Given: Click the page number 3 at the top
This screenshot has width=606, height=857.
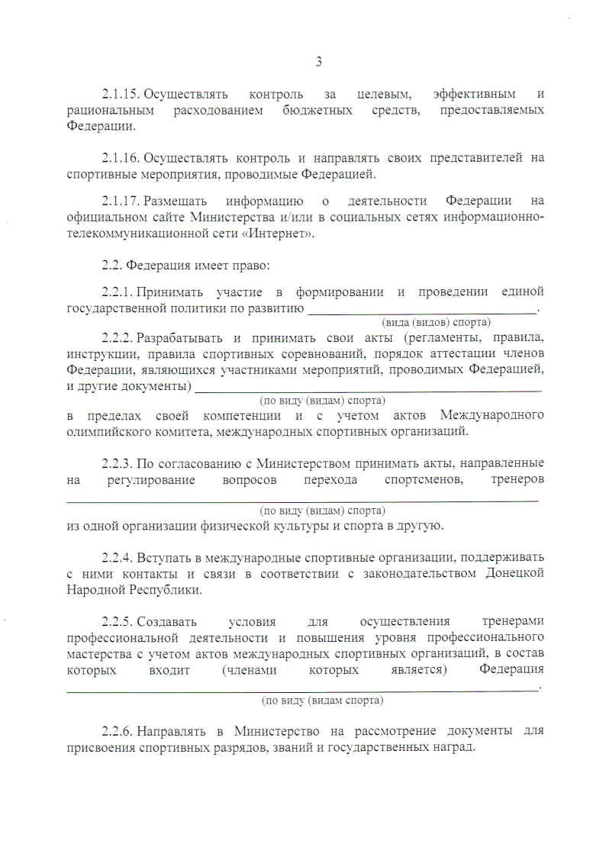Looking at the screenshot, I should tap(319, 62).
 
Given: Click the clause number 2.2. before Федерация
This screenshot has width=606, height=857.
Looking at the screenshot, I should tap(111, 266).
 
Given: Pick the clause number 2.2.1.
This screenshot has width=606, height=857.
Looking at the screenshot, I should tap(118, 292).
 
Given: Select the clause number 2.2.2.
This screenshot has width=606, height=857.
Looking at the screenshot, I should tap(118, 337).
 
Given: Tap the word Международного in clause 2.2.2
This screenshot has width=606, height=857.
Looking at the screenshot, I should tap(492, 415).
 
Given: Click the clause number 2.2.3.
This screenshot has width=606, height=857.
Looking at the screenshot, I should tap(118, 463).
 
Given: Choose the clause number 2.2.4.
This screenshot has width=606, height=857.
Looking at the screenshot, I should tap(118, 556).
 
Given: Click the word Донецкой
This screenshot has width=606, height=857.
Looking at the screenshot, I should tap(514, 573).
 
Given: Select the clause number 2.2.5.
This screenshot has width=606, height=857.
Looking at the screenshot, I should tap(118, 621).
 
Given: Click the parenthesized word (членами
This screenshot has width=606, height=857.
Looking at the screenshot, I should tap(249, 670).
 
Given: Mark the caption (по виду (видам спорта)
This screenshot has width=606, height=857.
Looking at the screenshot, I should tap(322, 700).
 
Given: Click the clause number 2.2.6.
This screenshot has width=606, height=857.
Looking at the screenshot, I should tap(118, 730).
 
